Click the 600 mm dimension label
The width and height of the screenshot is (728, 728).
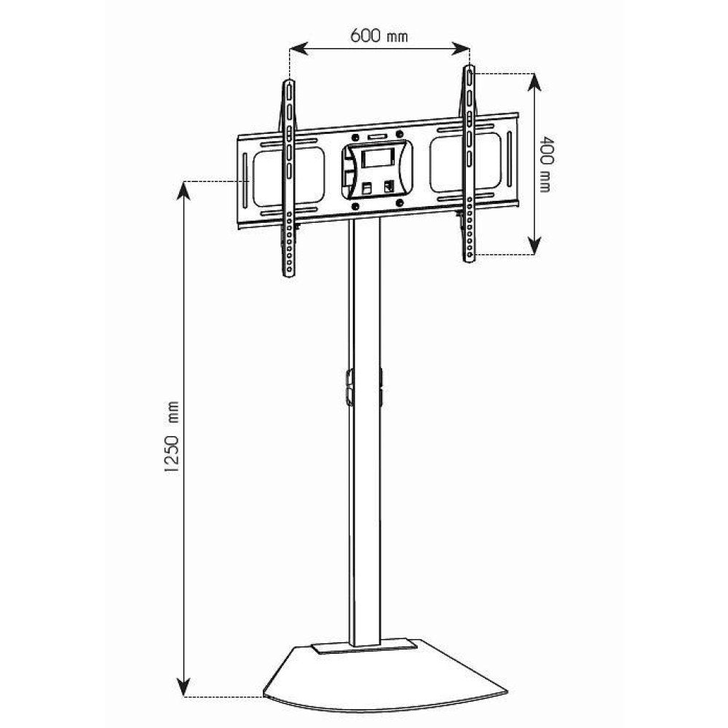(379, 36)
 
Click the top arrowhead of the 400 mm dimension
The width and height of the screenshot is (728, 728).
(534, 79)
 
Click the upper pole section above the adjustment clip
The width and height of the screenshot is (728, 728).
(365, 291)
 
